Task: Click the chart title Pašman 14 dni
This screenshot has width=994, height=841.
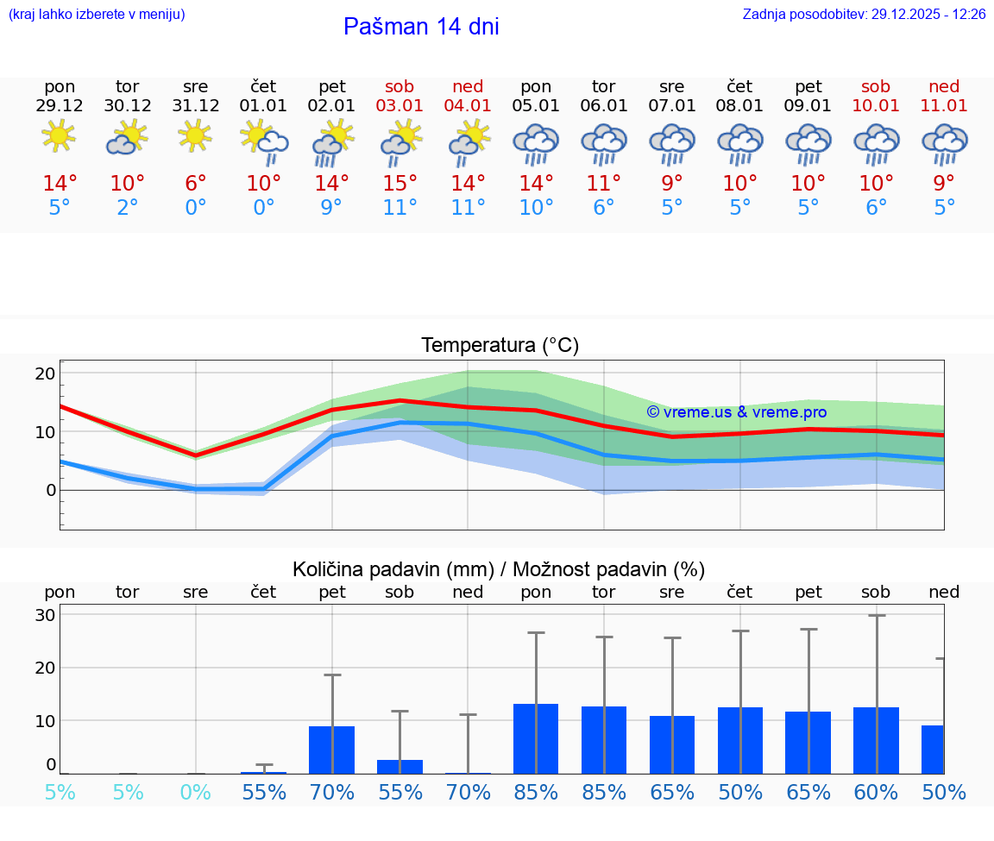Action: point(421,27)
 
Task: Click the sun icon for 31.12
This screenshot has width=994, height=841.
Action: point(196,135)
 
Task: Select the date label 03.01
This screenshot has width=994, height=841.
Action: point(399,106)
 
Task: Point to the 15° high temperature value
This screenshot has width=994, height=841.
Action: point(399,184)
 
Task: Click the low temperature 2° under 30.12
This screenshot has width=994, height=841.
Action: point(128,208)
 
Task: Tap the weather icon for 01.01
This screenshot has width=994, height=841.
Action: point(264,140)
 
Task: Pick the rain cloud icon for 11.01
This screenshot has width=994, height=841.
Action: point(944,142)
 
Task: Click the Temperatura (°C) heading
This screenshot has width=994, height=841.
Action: point(500,346)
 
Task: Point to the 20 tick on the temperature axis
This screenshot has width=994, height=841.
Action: point(45,373)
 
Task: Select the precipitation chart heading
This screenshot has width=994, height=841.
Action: point(499,569)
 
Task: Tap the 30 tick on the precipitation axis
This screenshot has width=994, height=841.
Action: point(45,615)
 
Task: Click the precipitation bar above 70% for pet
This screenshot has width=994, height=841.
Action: point(332,750)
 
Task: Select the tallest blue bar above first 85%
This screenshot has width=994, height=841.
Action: point(536,738)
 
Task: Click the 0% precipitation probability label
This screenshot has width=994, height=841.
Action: point(196,792)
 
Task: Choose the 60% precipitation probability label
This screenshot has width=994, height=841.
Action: point(876,792)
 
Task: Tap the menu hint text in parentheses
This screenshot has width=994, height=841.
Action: point(97,15)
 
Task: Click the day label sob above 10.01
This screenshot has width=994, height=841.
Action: point(876,86)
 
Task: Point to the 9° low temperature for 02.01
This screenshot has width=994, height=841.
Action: point(332,208)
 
